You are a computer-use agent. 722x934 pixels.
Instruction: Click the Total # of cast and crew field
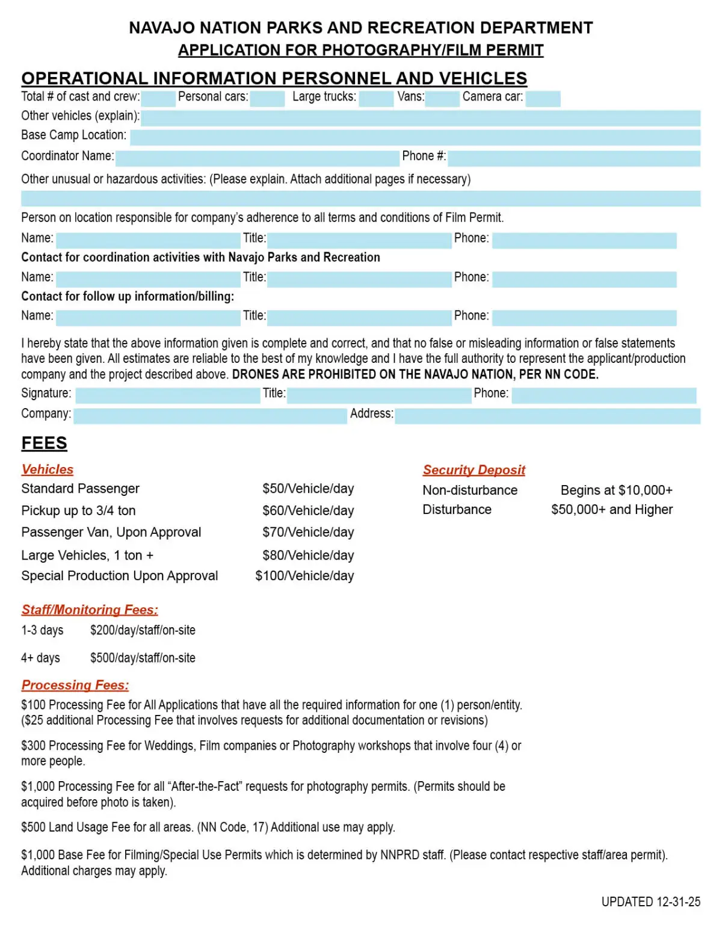point(159,98)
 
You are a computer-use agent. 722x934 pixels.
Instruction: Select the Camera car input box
point(543,98)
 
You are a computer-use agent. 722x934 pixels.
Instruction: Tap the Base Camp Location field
point(415,137)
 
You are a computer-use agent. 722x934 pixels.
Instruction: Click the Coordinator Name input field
point(258,158)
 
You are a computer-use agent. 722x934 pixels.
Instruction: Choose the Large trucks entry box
point(376,98)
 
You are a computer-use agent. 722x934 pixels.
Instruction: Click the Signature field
point(167,395)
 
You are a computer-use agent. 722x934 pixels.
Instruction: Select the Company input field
point(210,415)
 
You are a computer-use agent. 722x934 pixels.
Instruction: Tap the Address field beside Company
point(548,415)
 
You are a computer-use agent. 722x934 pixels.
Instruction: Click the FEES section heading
point(44,443)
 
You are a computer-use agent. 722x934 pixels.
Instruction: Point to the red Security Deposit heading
point(474,469)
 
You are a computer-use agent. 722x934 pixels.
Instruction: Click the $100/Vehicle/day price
point(304,575)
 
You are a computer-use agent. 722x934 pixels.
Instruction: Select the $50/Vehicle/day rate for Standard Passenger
point(308,488)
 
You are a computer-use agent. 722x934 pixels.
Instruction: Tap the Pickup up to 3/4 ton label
point(78,510)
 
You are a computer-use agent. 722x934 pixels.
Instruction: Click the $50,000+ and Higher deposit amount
point(612,509)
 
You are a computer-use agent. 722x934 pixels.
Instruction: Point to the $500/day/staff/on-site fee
point(143,658)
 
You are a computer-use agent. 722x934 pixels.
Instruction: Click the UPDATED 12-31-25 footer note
point(650,902)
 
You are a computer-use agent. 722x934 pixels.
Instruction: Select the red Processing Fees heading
point(75,685)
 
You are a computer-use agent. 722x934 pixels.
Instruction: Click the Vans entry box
point(442,98)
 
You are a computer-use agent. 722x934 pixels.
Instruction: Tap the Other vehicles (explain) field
point(421,117)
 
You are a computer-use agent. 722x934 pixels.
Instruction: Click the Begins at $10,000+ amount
point(616,490)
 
